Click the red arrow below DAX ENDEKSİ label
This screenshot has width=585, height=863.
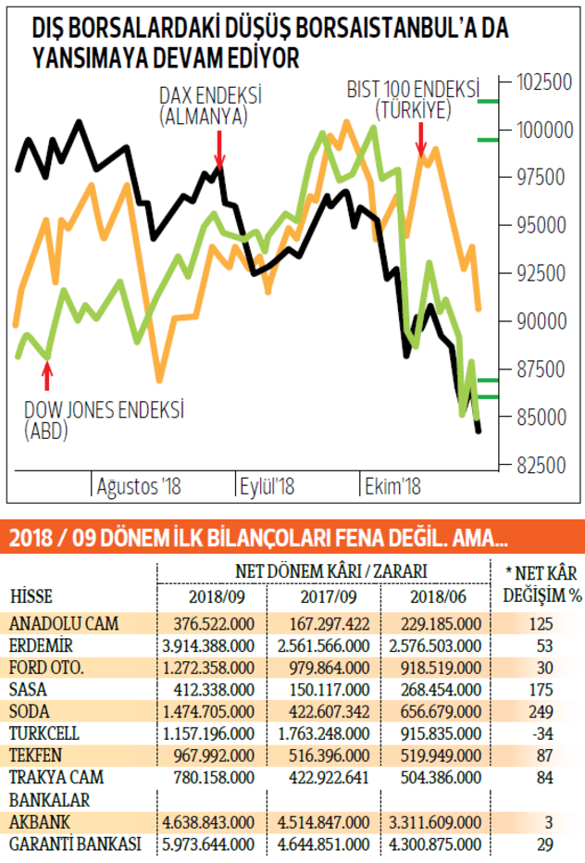click(218, 148)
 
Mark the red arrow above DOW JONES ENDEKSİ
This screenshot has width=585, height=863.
click(48, 375)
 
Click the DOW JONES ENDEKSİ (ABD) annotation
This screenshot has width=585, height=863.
click(104, 419)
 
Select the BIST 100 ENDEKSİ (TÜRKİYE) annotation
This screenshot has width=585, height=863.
click(413, 100)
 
